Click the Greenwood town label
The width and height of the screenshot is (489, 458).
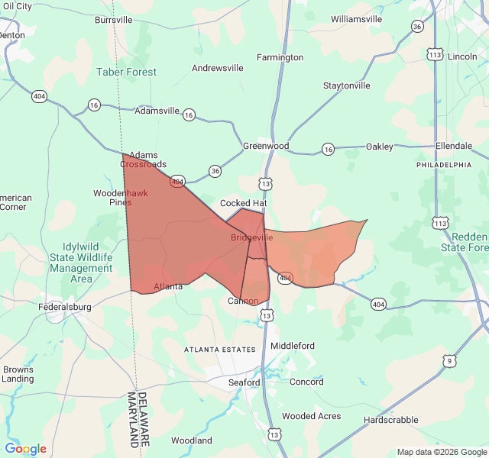(266, 146)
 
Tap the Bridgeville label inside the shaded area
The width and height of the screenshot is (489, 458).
(251, 238)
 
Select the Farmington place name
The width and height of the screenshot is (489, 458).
(280, 57)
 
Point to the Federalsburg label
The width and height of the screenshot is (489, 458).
(65, 307)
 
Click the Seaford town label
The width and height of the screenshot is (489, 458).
(244, 382)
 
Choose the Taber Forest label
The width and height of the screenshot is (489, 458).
(127, 72)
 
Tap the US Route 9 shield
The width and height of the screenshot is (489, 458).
(449, 360)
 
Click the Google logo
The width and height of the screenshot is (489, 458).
(25, 449)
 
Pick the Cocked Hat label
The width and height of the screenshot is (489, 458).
(243, 204)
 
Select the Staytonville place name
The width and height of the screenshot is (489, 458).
(347, 85)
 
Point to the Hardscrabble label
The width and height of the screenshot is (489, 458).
(390, 420)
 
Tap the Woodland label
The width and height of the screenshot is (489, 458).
(191, 440)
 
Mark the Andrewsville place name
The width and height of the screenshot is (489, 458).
(218, 68)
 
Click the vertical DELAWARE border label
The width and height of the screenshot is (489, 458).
(142, 419)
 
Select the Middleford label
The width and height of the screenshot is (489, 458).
(293, 346)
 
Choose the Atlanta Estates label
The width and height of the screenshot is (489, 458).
(219, 349)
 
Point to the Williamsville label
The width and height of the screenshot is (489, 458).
(356, 19)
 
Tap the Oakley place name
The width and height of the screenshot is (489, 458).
(379, 147)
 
